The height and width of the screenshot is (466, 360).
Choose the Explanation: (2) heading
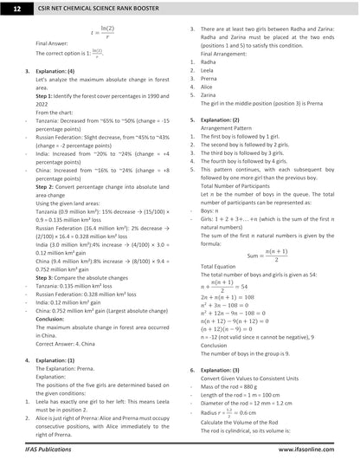point(221,120)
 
